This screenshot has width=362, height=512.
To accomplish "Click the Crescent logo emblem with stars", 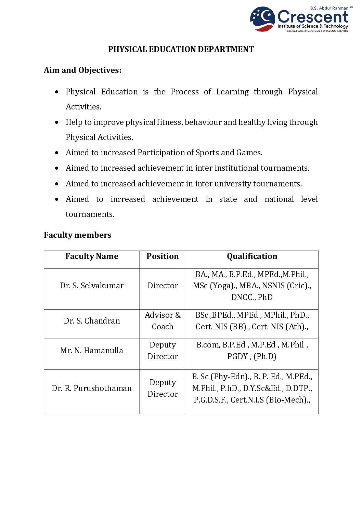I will (262, 19).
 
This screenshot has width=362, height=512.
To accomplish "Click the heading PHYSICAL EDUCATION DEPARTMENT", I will (181, 49).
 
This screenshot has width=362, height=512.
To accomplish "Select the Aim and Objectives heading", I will (82, 70).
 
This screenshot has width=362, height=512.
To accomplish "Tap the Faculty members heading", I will (77, 235).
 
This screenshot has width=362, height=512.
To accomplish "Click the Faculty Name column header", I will (92, 256).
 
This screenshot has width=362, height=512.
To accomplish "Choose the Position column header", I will (163, 256).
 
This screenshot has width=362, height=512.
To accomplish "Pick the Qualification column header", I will (252, 256).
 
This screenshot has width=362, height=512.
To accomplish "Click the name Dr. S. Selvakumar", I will (92, 286).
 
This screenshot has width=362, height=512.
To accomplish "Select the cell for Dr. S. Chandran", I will (92, 321).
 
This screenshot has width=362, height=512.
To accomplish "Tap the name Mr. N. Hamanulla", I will (92, 351).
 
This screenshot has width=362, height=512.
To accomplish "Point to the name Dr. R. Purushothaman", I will (92, 388).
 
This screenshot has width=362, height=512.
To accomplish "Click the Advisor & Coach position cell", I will (163, 321).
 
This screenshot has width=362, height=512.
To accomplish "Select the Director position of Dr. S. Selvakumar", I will (163, 286).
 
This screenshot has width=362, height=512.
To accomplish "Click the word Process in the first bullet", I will (185, 92).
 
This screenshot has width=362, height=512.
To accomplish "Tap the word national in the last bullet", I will (279, 199).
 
